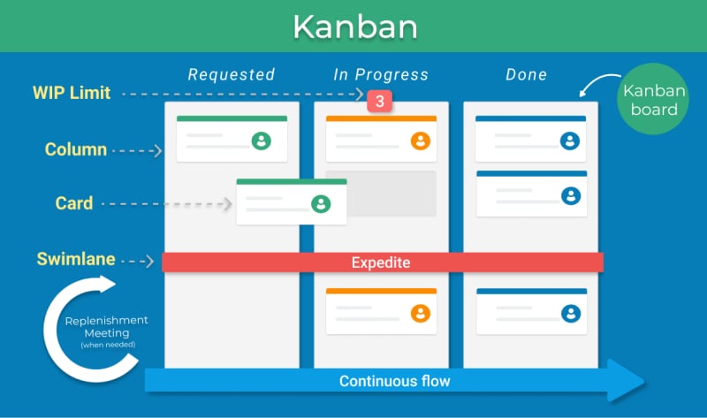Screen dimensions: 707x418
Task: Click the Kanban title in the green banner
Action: (355, 27)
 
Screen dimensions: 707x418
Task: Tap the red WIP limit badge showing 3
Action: (380, 101)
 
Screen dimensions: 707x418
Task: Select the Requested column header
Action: (232, 74)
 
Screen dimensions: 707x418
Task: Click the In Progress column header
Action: (381, 74)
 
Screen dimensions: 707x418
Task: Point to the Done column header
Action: (526, 74)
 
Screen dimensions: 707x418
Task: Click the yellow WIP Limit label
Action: (72, 93)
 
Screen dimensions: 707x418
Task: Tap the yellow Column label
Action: (76, 149)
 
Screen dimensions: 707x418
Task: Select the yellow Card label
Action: (74, 203)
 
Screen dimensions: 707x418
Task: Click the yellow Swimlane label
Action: (76, 259)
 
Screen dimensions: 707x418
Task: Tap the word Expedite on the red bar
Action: (381, 262)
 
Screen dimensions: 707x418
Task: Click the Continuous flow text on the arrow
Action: (394, 381)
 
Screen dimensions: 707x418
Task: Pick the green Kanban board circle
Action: (653, 99)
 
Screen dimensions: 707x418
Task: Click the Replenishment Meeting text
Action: (107, 326)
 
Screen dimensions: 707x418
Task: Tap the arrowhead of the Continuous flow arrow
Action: (626, 381)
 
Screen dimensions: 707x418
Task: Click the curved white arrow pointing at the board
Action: (599, 84)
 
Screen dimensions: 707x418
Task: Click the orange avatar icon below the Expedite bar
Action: (421, 314)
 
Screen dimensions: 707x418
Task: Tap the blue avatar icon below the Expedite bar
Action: (571, 314)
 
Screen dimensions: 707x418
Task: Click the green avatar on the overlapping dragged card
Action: (321, 204)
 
